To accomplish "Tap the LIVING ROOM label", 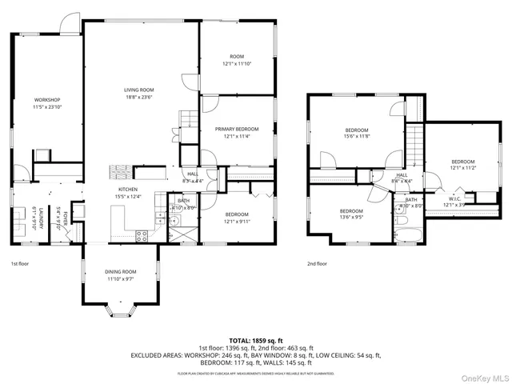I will pyautogui.click(x=138, y=90).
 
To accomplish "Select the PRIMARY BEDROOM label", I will pyautogui.click(x=236, y=129).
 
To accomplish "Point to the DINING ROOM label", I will pyautogui.click(x=121, y=271).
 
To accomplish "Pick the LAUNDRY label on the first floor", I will pyautogui.click(x=36, y=216).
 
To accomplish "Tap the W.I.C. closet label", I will pyautogui.click(x=454, y=198).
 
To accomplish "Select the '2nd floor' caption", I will pyautogui.click(x=317, y=263).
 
